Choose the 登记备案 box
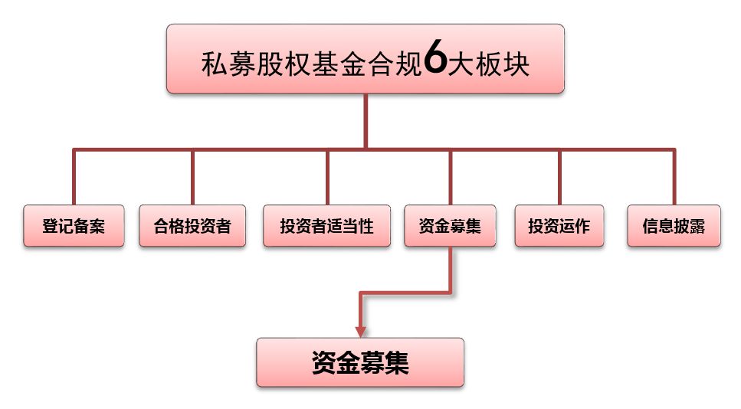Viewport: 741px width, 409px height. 74,226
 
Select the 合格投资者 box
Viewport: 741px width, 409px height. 192,226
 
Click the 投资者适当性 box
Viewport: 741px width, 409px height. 327,226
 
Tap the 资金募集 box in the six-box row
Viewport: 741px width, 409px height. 451,226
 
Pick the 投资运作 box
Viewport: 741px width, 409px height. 559,226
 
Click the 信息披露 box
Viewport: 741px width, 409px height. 674,226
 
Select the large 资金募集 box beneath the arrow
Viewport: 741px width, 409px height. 360,362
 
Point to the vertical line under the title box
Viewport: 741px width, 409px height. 366,121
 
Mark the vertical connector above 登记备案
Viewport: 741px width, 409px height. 74,177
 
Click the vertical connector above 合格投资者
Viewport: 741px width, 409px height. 192,177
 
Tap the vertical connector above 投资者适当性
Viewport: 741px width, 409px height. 327,177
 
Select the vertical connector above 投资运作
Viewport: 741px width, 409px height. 559,177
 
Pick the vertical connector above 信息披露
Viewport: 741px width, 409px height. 674,177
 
